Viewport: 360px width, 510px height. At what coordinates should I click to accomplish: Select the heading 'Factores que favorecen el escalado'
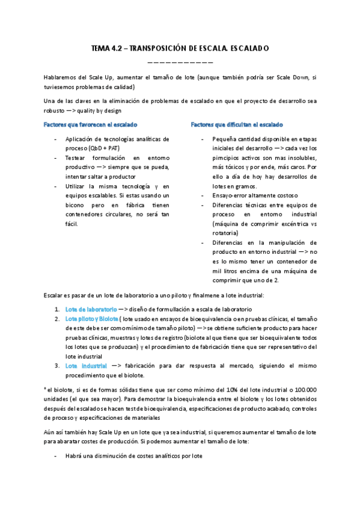(91, 124)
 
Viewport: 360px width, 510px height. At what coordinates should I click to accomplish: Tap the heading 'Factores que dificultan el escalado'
(237, 124)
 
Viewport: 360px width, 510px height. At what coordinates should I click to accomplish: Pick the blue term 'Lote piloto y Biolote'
(91, 319)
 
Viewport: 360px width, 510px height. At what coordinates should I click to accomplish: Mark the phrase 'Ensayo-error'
(221, 196)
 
